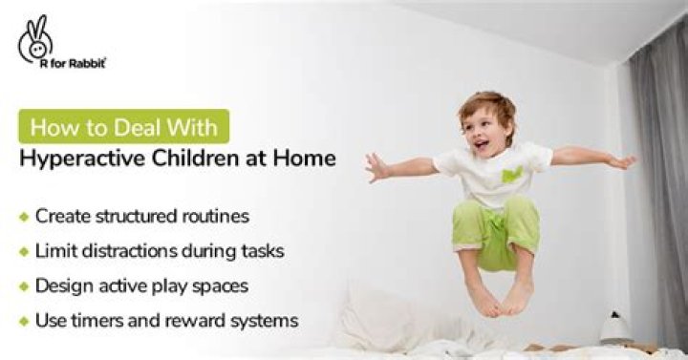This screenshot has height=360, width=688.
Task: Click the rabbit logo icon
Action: coord(35,35)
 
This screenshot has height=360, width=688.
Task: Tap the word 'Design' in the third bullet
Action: coord(63,285)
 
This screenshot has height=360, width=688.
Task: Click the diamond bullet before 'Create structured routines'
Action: coord(24,217)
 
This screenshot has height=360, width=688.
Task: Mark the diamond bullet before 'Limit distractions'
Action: coord(24,251)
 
